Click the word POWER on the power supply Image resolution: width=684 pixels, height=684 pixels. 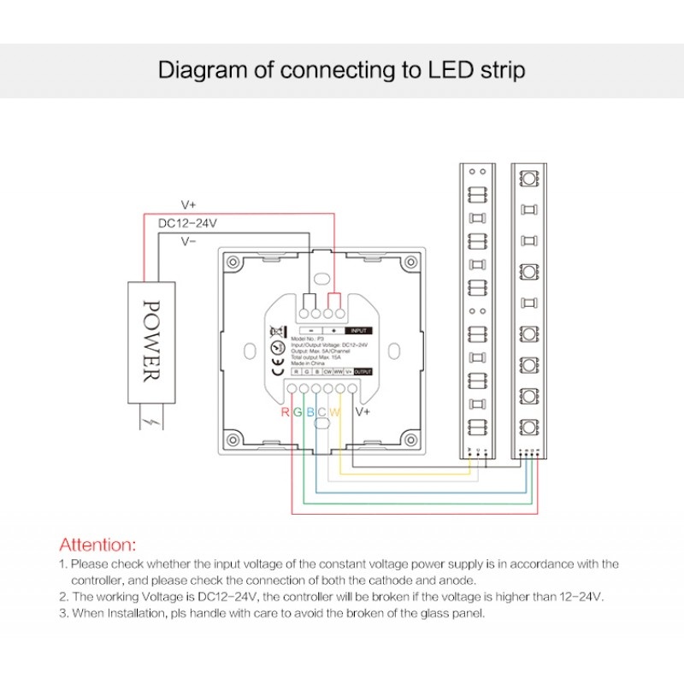tap(150, 340)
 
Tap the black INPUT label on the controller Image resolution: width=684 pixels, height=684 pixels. tap(359, 329)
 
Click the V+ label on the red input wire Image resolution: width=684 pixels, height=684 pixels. tap(189, 205)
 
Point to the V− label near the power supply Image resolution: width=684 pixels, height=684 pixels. tap(189, 242)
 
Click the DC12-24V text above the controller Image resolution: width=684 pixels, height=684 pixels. tap(188, 223)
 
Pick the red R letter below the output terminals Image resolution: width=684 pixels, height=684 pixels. tap(286, 412)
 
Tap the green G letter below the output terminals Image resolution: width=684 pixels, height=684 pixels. tap(297, 412)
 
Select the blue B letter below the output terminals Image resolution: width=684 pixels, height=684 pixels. tap(310, 412)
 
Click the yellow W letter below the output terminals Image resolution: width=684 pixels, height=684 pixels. tap(335, 412)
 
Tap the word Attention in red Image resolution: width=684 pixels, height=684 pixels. tap(97, 544)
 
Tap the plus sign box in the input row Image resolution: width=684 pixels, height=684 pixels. tap(333, 329)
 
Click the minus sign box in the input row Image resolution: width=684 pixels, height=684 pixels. tap(310, 329)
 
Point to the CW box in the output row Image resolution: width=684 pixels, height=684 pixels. tap(327, 373)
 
